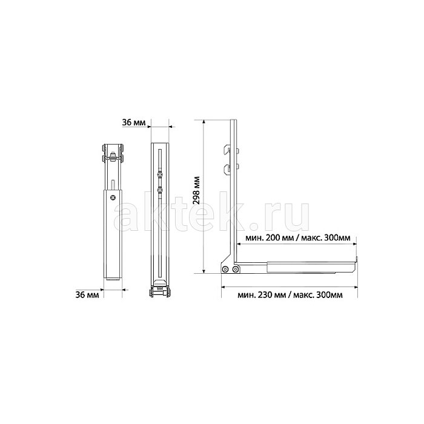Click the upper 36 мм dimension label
[134, 122]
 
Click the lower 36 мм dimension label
[87, 294]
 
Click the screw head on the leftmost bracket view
[113, 197]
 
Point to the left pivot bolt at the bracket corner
[225, 269]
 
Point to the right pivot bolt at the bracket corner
[236, 269]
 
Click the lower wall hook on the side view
[227, 169]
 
